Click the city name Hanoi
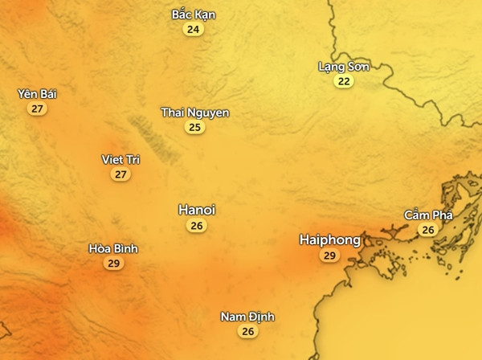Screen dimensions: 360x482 point(197,210)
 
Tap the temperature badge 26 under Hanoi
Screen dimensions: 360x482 point(197,226)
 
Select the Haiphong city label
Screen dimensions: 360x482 point(329,239)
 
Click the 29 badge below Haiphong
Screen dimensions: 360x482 point(329,256)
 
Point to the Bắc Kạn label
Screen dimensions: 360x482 point(194,14)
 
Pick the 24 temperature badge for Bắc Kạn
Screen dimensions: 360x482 point(193,30)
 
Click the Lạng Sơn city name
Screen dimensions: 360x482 point(344,66)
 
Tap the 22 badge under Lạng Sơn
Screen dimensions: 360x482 point(344,81)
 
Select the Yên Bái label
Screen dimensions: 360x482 point(37,94)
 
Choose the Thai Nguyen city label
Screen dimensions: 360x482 point(195,112)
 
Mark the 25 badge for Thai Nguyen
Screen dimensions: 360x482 point(194,128)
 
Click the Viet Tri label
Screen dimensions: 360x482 point(121,159)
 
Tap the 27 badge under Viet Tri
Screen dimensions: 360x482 point(121,174)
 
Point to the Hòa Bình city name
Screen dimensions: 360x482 point(113,248)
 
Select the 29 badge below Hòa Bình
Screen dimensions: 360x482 point(113,264)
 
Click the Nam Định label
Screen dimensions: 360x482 point(247,317)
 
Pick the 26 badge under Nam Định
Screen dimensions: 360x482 point(247,332)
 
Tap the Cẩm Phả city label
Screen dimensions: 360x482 point(428,215)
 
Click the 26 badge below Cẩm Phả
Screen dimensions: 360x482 point(427,230)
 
